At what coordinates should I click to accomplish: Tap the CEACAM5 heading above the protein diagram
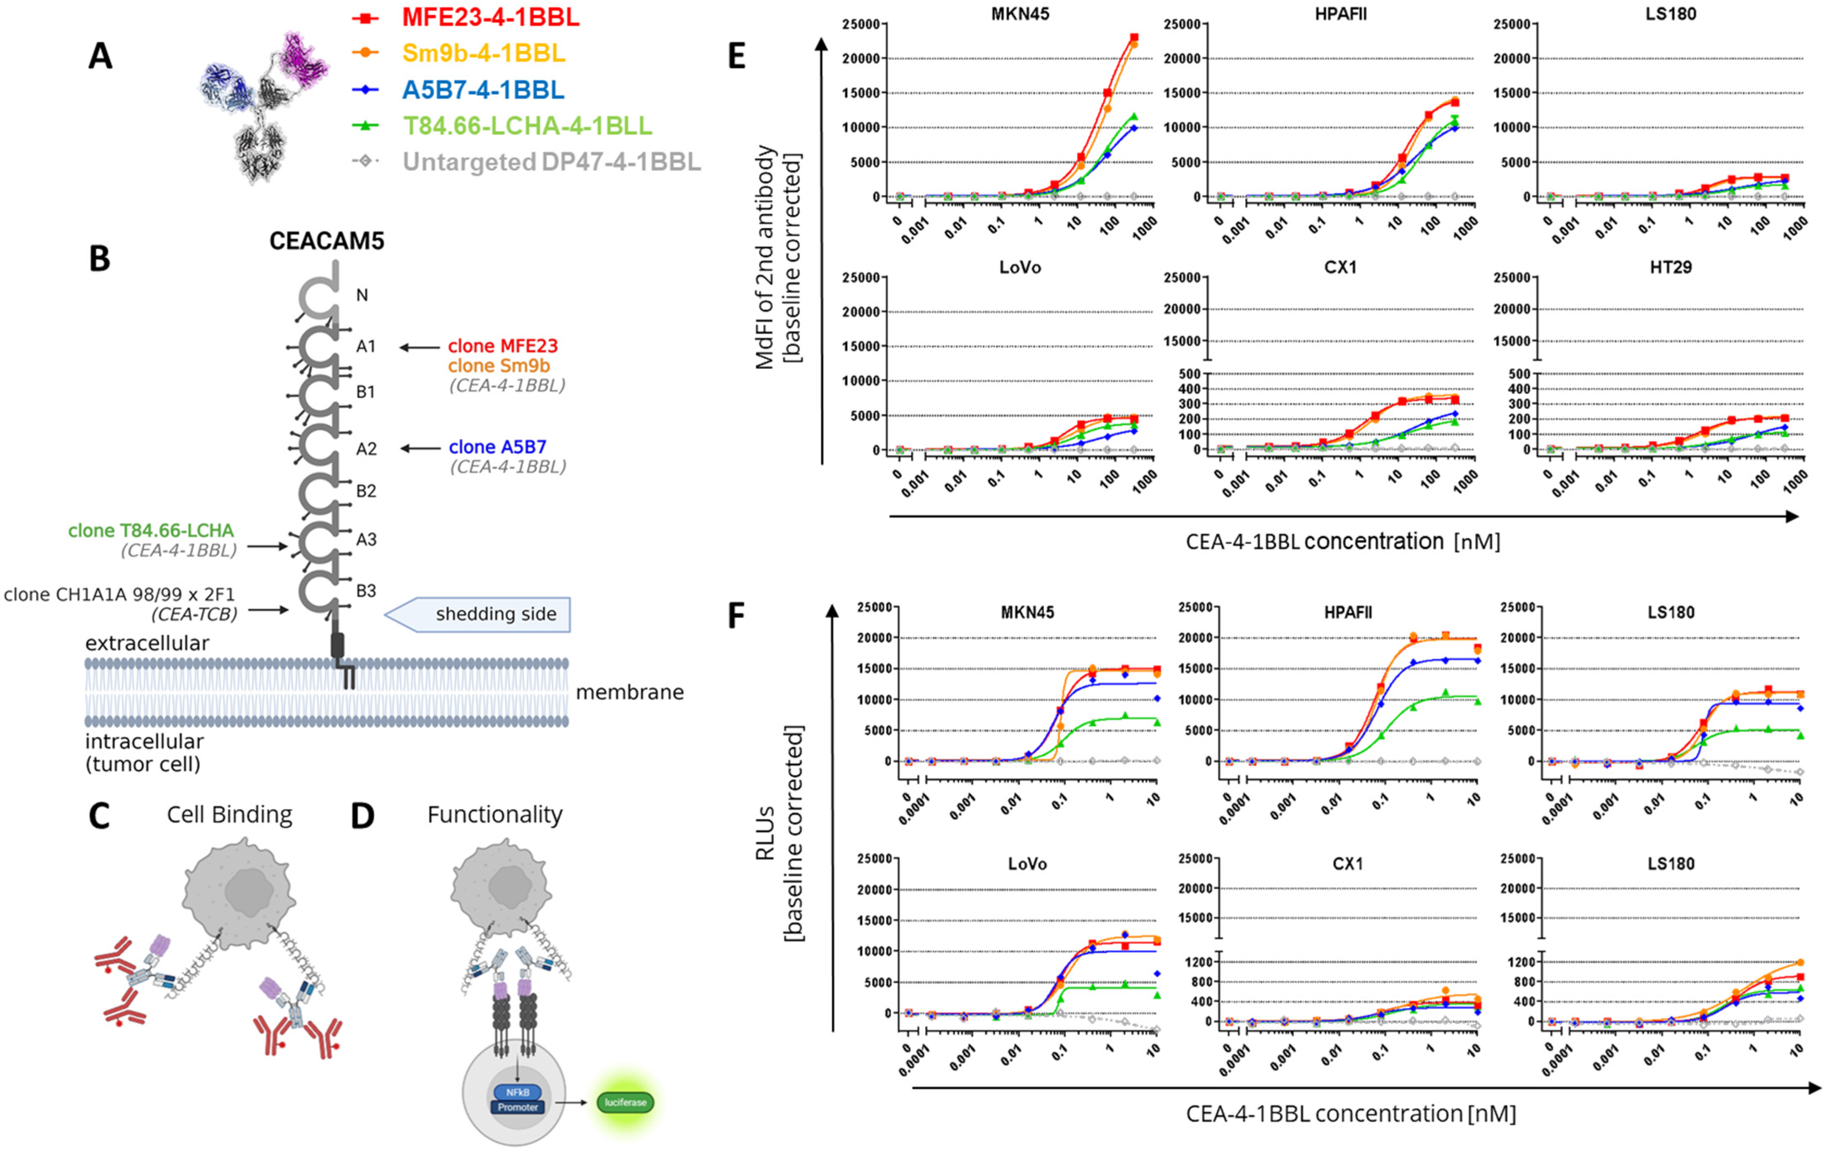(x=327, y=241)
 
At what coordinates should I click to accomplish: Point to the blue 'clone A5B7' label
(x=497, y=447)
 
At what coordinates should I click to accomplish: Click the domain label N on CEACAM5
(x=362, y=295)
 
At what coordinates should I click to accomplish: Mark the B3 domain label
(x=366, y=590)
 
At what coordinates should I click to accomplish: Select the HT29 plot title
(x=1670, y=267)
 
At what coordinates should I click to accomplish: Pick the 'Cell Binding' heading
(x=229, y=814)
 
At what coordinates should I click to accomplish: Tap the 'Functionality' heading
(x=495, y=814)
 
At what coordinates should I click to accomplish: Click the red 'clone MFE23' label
(x=503, y=346)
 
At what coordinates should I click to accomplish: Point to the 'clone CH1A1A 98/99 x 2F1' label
(x=119, y=594)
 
